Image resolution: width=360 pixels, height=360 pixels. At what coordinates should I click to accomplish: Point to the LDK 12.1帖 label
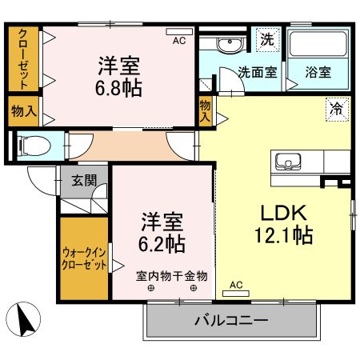click(278, 225)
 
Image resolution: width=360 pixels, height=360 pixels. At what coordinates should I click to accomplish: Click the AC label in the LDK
click(236, 284)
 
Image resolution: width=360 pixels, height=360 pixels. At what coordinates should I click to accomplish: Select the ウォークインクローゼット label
click(84, 259)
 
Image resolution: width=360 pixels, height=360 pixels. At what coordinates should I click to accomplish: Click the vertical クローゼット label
click(23, 58)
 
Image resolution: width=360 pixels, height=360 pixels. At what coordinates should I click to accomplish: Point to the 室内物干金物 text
click(171, 276)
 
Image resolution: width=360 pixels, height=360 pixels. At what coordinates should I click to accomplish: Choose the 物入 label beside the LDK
click(206, 110)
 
